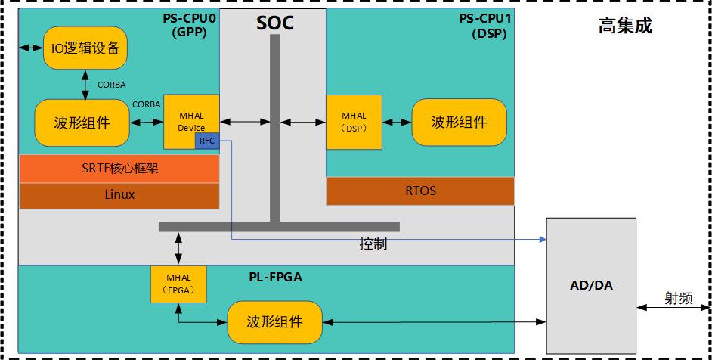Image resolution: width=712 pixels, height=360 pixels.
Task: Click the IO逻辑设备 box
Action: [x=84, y=48]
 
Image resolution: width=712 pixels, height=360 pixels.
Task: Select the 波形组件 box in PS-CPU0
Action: [x=82, y=123]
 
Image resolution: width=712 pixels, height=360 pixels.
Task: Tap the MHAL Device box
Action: [x=191, y=117]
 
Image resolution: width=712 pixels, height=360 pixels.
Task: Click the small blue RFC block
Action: [x=207, y=141]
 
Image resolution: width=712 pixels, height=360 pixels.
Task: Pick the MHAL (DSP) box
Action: [x=354, y=122]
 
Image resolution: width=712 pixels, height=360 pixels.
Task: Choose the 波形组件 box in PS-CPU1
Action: [x=459, y=123]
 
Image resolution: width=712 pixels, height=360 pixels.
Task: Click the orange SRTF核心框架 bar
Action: [x=119, y=168]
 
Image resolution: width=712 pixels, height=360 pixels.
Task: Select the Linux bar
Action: [x=119, y=194]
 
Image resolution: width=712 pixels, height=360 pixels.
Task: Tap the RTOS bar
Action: [x=419, y=191]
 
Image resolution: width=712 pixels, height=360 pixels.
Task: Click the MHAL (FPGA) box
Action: [x=179, y=284]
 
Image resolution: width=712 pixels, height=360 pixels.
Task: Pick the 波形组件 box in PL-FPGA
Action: [x=274, y=322]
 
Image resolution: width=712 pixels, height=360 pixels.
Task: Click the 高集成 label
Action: [x=624, y=27]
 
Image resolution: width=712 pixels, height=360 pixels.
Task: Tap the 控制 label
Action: [x=374, y=247]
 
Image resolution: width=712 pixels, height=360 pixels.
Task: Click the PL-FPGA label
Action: [x=275, y=277]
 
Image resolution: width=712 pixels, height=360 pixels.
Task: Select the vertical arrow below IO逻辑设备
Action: [x=85, y=84]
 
